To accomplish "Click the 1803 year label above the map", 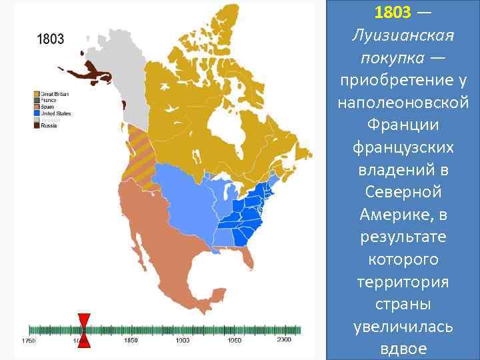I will pos(50,39).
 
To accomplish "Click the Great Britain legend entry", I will pos(55,94).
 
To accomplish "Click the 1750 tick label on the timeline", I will pos(28,341).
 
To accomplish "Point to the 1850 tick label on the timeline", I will pos(131,341).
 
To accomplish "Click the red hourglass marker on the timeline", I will pos(84,329).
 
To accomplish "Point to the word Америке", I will pos(393,215).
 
